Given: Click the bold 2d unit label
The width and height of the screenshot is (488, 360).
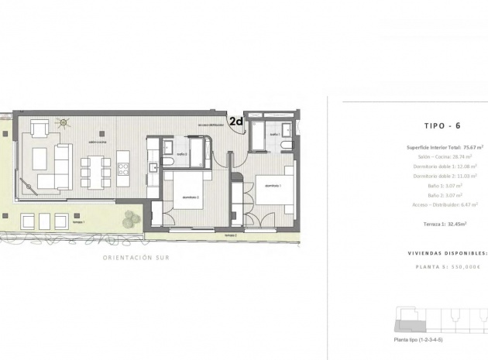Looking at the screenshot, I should click(x=236, y=121).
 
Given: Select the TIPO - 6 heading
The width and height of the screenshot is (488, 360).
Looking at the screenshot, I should click(x=444, y=125).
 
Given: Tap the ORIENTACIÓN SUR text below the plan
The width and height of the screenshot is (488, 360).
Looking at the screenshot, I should click(x=136, y=258).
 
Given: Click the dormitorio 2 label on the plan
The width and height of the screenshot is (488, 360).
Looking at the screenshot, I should click(x=191, y=197).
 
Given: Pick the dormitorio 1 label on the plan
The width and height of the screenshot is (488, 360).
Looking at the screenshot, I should click(x=271, y=186).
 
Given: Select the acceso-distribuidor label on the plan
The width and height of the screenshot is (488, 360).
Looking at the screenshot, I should click(x=211, y=125).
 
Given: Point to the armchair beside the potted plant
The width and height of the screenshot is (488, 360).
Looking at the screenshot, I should click(x=40, y=126).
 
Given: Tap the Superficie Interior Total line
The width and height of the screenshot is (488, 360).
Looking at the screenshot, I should click(x=444, y=147).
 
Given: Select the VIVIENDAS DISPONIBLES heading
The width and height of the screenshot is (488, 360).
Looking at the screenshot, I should click(x=448, y=253).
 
